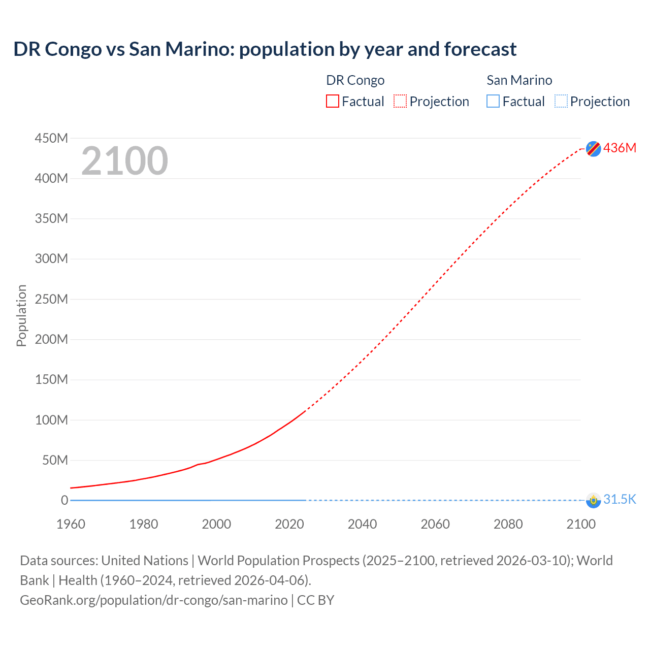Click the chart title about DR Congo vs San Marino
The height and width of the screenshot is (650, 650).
click(265, 49)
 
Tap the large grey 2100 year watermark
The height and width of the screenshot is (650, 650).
click(124, 161)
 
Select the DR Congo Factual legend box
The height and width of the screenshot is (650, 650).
click(333, 102)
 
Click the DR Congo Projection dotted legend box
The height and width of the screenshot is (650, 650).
click(400, 102)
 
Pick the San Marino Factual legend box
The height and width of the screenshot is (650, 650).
click(493, 102)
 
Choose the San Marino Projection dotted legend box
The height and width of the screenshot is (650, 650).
click(561, 102)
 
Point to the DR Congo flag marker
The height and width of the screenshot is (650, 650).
click(593, 148)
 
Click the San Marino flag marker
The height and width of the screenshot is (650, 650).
click(593, 500)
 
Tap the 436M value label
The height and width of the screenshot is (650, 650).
click(620, 148)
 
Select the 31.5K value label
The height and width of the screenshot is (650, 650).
click(620, 499)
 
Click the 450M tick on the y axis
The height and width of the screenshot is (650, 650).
click(51, 138)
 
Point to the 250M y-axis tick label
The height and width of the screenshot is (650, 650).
click(51, 299)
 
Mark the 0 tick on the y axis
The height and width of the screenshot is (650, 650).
click(64, 500)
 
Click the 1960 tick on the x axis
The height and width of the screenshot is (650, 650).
click(71, 524)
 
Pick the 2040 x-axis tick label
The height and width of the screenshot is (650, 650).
click(362, 524)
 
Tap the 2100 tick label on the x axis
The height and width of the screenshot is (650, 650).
click(581, 524)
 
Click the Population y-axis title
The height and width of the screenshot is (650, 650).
click(21, 315)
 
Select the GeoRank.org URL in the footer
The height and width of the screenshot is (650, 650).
click(153, 600)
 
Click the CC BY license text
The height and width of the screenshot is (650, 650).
click(315, 600)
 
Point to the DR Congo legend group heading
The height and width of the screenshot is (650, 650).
click(355, 80)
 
